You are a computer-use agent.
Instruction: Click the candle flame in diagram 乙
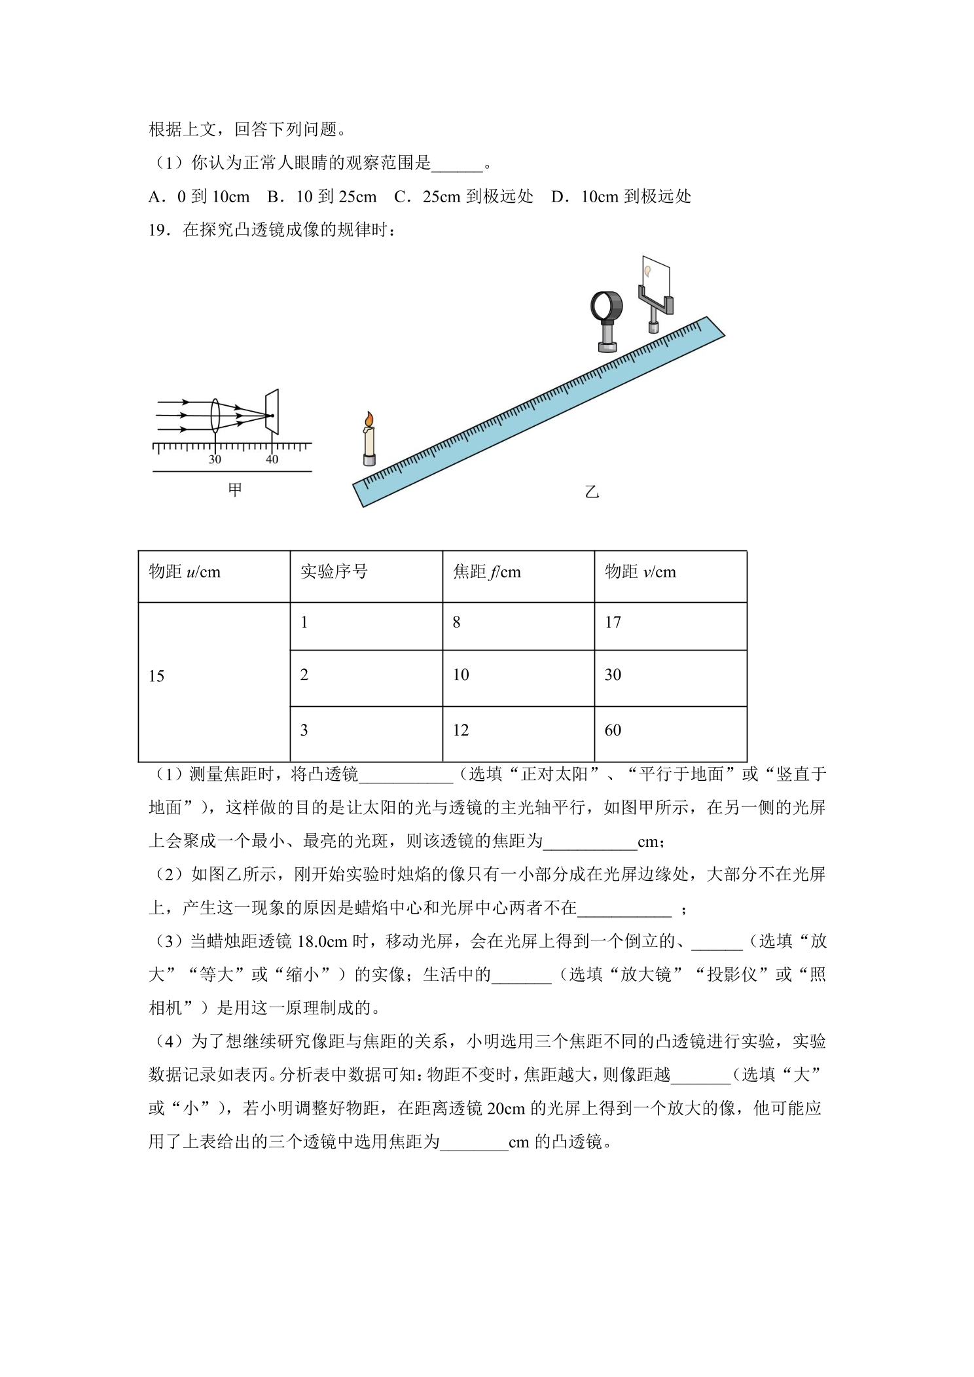point(369,419)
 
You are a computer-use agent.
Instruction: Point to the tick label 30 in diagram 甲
point(215,459)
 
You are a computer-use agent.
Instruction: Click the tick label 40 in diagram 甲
point(272,459)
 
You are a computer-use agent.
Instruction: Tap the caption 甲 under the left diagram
point(234,490)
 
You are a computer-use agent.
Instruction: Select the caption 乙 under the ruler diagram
point(592,492)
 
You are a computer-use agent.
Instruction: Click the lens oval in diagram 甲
point(215,415)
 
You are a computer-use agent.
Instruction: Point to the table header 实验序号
point(334,572)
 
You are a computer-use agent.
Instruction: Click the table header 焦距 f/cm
point(487,572)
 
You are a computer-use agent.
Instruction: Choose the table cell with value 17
point(613,622)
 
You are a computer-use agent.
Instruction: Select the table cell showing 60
point(613,730)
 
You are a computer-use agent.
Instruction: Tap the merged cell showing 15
point(156,676)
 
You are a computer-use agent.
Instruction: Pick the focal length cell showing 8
point(456,622)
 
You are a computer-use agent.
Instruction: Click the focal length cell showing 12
point(461,730)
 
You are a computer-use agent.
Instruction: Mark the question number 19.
point(159,230)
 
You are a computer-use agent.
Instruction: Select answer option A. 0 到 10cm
point(199,196)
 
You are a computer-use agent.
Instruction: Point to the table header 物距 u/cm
point(185,572)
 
